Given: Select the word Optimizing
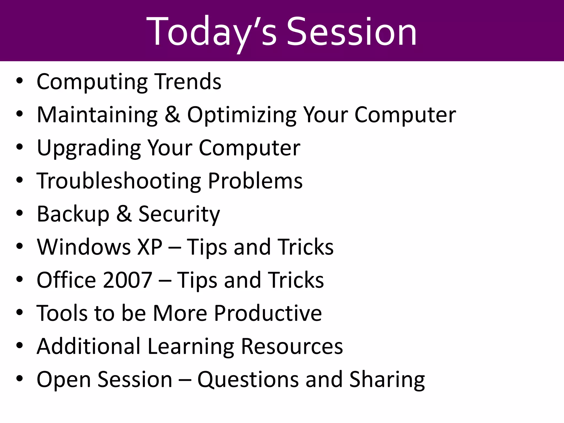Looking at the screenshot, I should pos(242,115).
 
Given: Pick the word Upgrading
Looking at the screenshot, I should pos(89,148).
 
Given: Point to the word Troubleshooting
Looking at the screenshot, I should pos(119,181).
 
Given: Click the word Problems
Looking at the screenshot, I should pos(255,181).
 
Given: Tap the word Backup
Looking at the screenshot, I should pos(73,214).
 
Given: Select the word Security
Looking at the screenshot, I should pos(179,214).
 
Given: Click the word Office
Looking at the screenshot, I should pos(66,280).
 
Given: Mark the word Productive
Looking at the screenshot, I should pos(268,313).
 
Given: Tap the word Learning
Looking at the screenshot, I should pos(191,346).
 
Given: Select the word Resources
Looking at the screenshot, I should pos(292,346).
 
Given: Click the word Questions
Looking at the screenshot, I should pos(248,379).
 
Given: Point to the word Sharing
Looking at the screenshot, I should pos(387,379).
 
